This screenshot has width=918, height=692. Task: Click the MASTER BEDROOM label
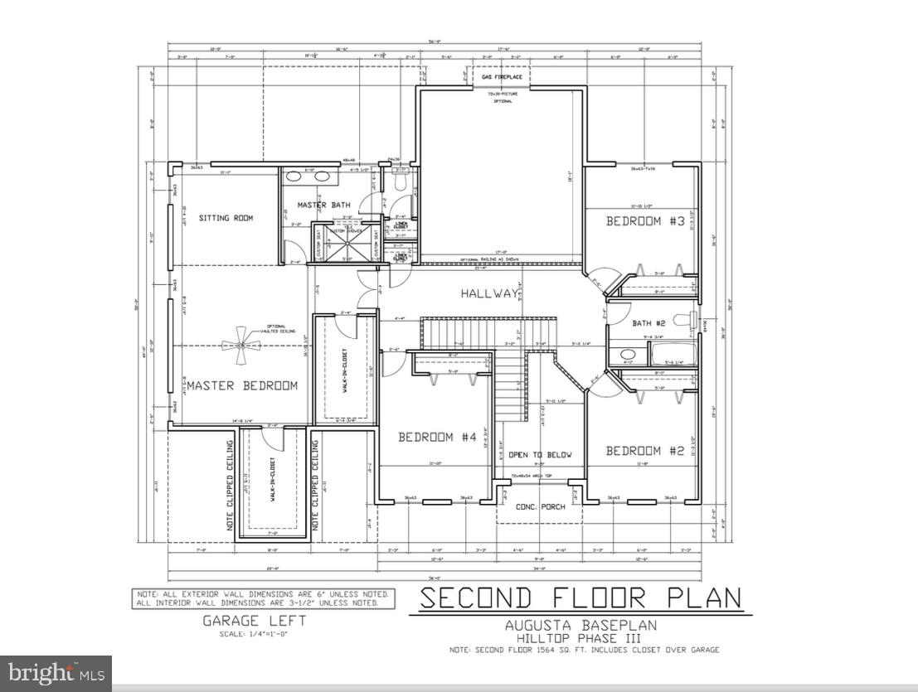click(x=241, y=385)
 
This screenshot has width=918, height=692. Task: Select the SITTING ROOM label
click(x=226, y=218)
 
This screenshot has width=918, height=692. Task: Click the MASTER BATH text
click(x=323, y=205)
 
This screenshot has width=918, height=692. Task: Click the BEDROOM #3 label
click(x=644, y=221)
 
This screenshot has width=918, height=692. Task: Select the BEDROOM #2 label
click(x=644, y=451)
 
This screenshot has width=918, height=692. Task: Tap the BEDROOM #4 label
click(x=436, y=438)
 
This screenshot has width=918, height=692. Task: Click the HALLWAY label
click(x=490, y=294)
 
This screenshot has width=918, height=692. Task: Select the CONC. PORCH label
click(x=539, y=506)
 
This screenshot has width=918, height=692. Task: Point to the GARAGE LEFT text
click(x=255, y=621)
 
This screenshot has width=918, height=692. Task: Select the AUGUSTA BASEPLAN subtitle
click(x=579, y=627)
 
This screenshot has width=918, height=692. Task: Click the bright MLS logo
click(x=56, y=672)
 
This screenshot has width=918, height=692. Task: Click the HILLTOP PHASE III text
click(x=579, y=638)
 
